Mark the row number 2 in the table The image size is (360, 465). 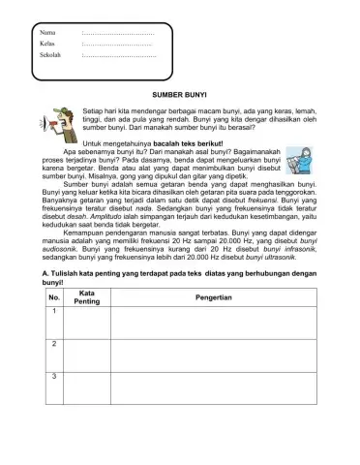pyautogui.click(x=54, y=344)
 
